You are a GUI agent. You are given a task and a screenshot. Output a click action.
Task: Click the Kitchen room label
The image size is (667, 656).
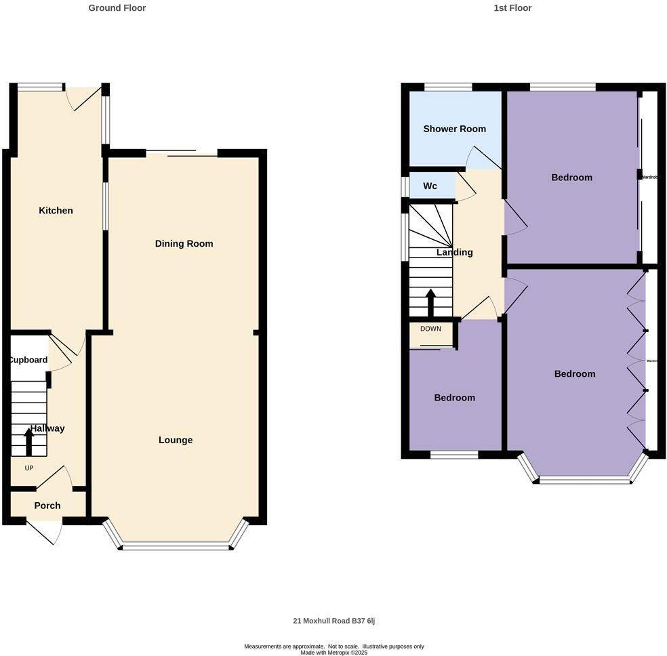[x=56, y=211]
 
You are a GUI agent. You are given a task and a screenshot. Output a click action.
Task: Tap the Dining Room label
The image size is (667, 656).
[x=184, y=244]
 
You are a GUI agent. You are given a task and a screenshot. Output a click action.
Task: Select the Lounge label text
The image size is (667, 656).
[x=176, y=440]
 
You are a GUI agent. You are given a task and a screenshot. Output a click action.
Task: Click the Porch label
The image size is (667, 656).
[x=47, y=506]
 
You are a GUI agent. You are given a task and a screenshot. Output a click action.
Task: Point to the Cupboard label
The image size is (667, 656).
[x=28, y=360]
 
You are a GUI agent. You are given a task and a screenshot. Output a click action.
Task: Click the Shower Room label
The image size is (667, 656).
[x=454, y=129]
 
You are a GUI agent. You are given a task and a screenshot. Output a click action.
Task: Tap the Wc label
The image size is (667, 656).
[x=430, y=186]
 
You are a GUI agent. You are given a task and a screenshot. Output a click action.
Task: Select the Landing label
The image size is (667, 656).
[x=454, y=252]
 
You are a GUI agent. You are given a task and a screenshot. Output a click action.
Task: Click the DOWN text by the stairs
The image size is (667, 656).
[x=430, y=329]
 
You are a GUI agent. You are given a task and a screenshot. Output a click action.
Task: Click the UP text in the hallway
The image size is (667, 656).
[x=29, y=468]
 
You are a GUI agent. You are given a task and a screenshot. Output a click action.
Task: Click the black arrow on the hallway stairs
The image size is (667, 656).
[x=28, y=441]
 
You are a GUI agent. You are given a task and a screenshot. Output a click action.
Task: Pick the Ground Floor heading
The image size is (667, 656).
[x=117, y=8]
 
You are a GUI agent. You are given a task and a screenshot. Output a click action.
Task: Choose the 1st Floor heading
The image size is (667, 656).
[x=512, y=8]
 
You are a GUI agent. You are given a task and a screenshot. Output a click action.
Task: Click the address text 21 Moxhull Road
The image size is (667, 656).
[x=338, y=621]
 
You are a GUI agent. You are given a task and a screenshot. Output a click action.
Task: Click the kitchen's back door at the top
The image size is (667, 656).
[x=85, y=98]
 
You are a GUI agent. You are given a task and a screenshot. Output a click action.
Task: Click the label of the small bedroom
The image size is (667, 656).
[x=454, y=398]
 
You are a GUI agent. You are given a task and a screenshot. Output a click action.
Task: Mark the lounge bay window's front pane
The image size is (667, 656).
[x=176, y=546]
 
